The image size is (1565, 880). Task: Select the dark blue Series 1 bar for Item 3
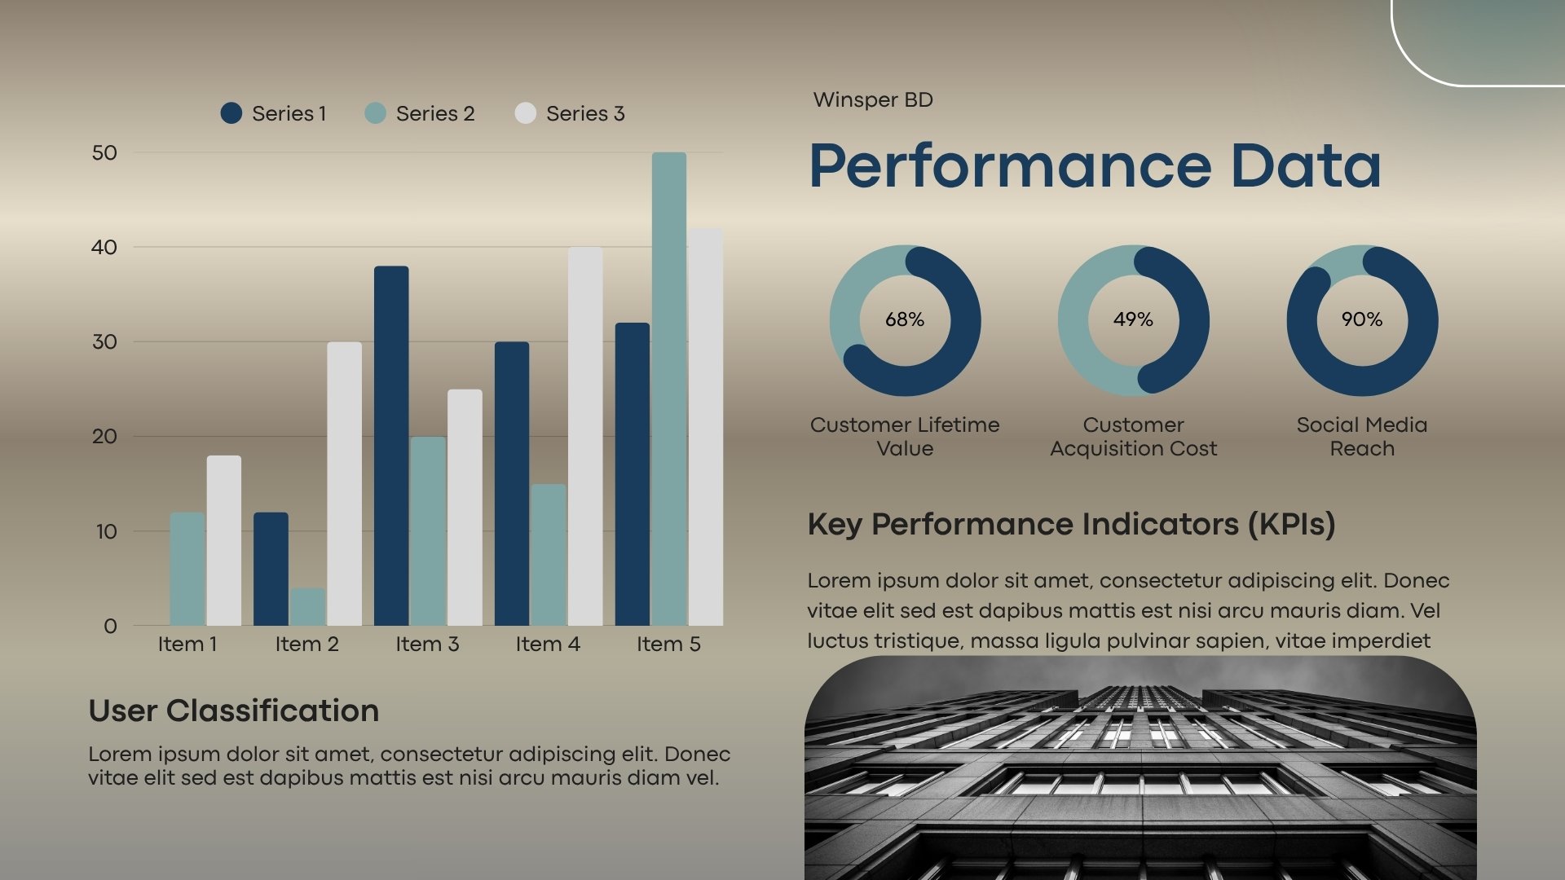pyautogui.click(x=391, y=447)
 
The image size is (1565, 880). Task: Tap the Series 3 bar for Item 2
pyautogui.click(x=344, y=484)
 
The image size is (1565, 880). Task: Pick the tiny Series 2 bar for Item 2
pyautogui.click(x=307, y=607)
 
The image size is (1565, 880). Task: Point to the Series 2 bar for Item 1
pyautogui.click(x=187, y=569)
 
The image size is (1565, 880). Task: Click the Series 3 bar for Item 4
pyautogui.click(x=585, y=437)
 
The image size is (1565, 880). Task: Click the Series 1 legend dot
pyautogui.click(x=231, y=113)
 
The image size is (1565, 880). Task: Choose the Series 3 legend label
pyautogui.click(x=585, y=113)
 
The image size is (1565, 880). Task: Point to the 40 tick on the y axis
pyautogui.click(x=104, y=247)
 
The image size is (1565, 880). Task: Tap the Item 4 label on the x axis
pyautogui.click(x=548, y=644)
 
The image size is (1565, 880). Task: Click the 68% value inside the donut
pyautogui.click(x=905, y=319)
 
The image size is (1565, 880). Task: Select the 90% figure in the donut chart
pyautogui.click(x=1362, y=319)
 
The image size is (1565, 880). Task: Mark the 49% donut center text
pyautogui.click(x=1133, y=319)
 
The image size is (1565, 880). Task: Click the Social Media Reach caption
pyautogui.click(x=1362, y=436)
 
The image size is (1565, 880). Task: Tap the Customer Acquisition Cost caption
pyautogui.click(x=1133, y=436)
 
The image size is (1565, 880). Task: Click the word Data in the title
pyautogui.click(x=1306, y=166)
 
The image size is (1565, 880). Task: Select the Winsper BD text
pyautogui.click(x=873, y=99)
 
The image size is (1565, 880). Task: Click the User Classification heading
pyautogui.click(x=234, y=711)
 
